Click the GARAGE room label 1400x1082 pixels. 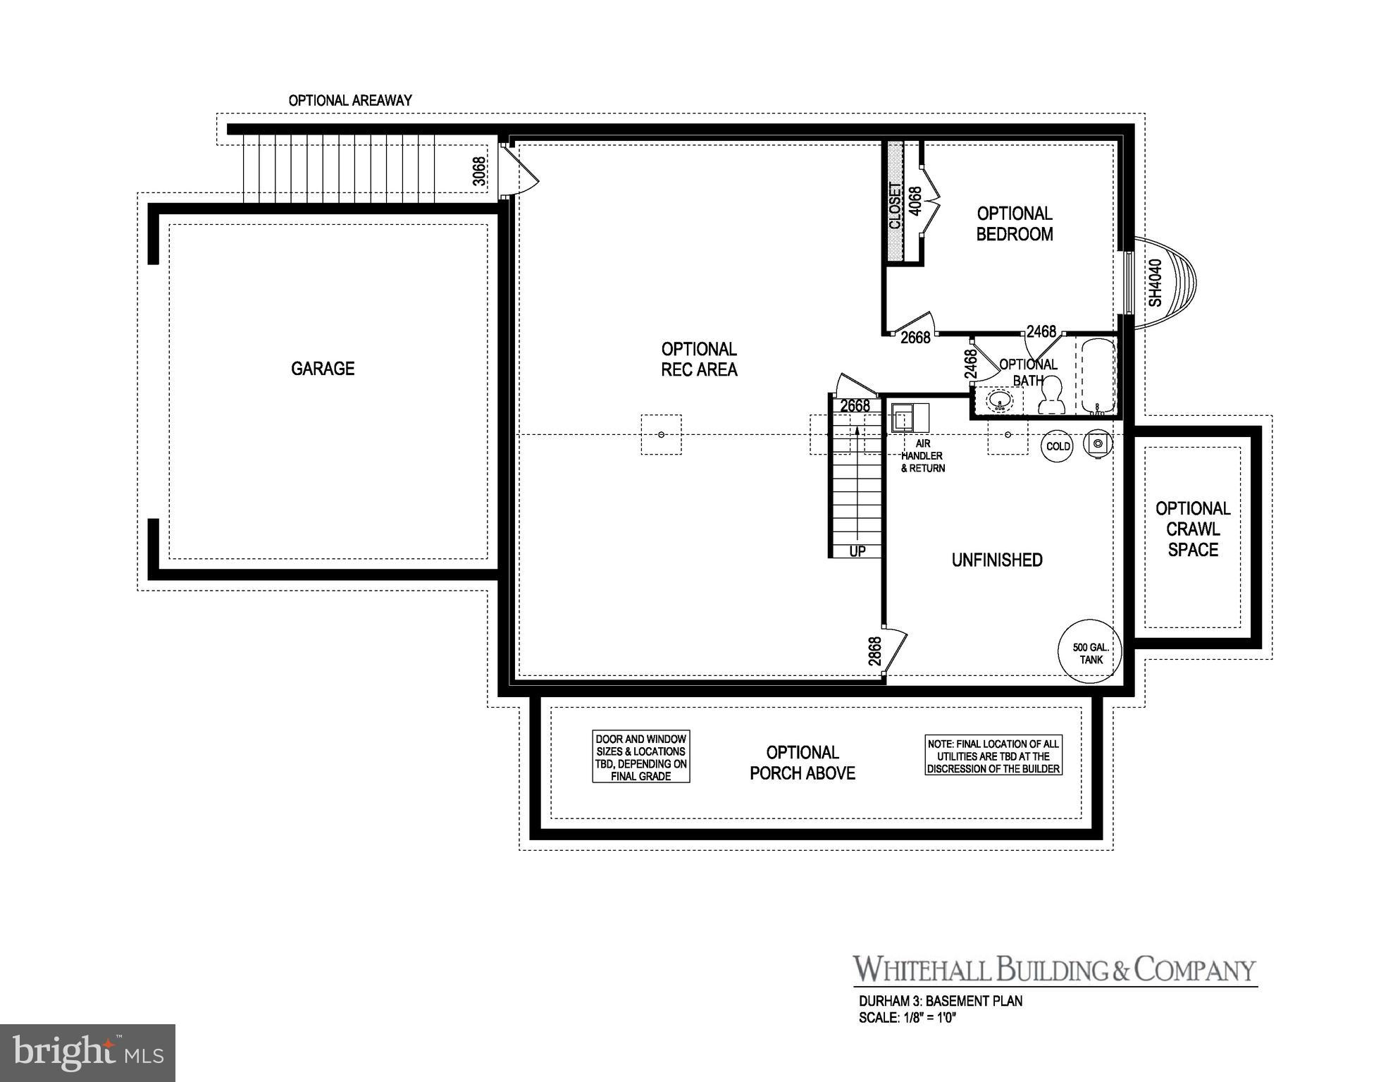point(323,369)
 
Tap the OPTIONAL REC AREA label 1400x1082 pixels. point(699,359)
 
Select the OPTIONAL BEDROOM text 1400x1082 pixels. point(1015,223)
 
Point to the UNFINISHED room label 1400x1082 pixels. point(997,560)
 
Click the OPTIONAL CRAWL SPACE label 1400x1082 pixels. point(1193,529)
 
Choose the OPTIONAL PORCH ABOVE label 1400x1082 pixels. point(803,763)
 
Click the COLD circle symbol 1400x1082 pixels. point(1058,446)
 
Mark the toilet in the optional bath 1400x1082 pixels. point(1051,396)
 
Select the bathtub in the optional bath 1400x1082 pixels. point(1097,377)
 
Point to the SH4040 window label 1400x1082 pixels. point(1156,283)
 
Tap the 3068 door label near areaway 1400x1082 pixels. point(479,171)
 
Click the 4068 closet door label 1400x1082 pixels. point(915,201)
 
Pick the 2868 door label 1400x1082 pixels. point(874,652)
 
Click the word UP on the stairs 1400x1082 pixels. point(857,551)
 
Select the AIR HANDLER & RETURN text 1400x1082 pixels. point(923,456)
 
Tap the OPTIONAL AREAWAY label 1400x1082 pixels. point(350,101)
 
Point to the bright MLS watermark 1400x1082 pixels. point(87,1053)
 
